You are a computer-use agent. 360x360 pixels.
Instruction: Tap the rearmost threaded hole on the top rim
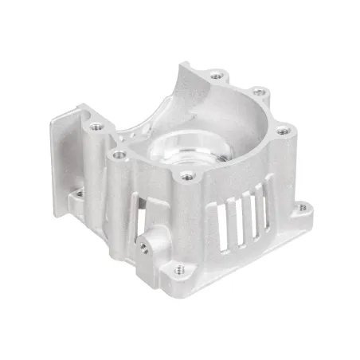tap(215, 76)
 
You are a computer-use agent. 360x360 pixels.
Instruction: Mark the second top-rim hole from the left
tap(119, 155)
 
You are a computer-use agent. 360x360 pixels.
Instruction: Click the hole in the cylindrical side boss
tap(143, 248)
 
